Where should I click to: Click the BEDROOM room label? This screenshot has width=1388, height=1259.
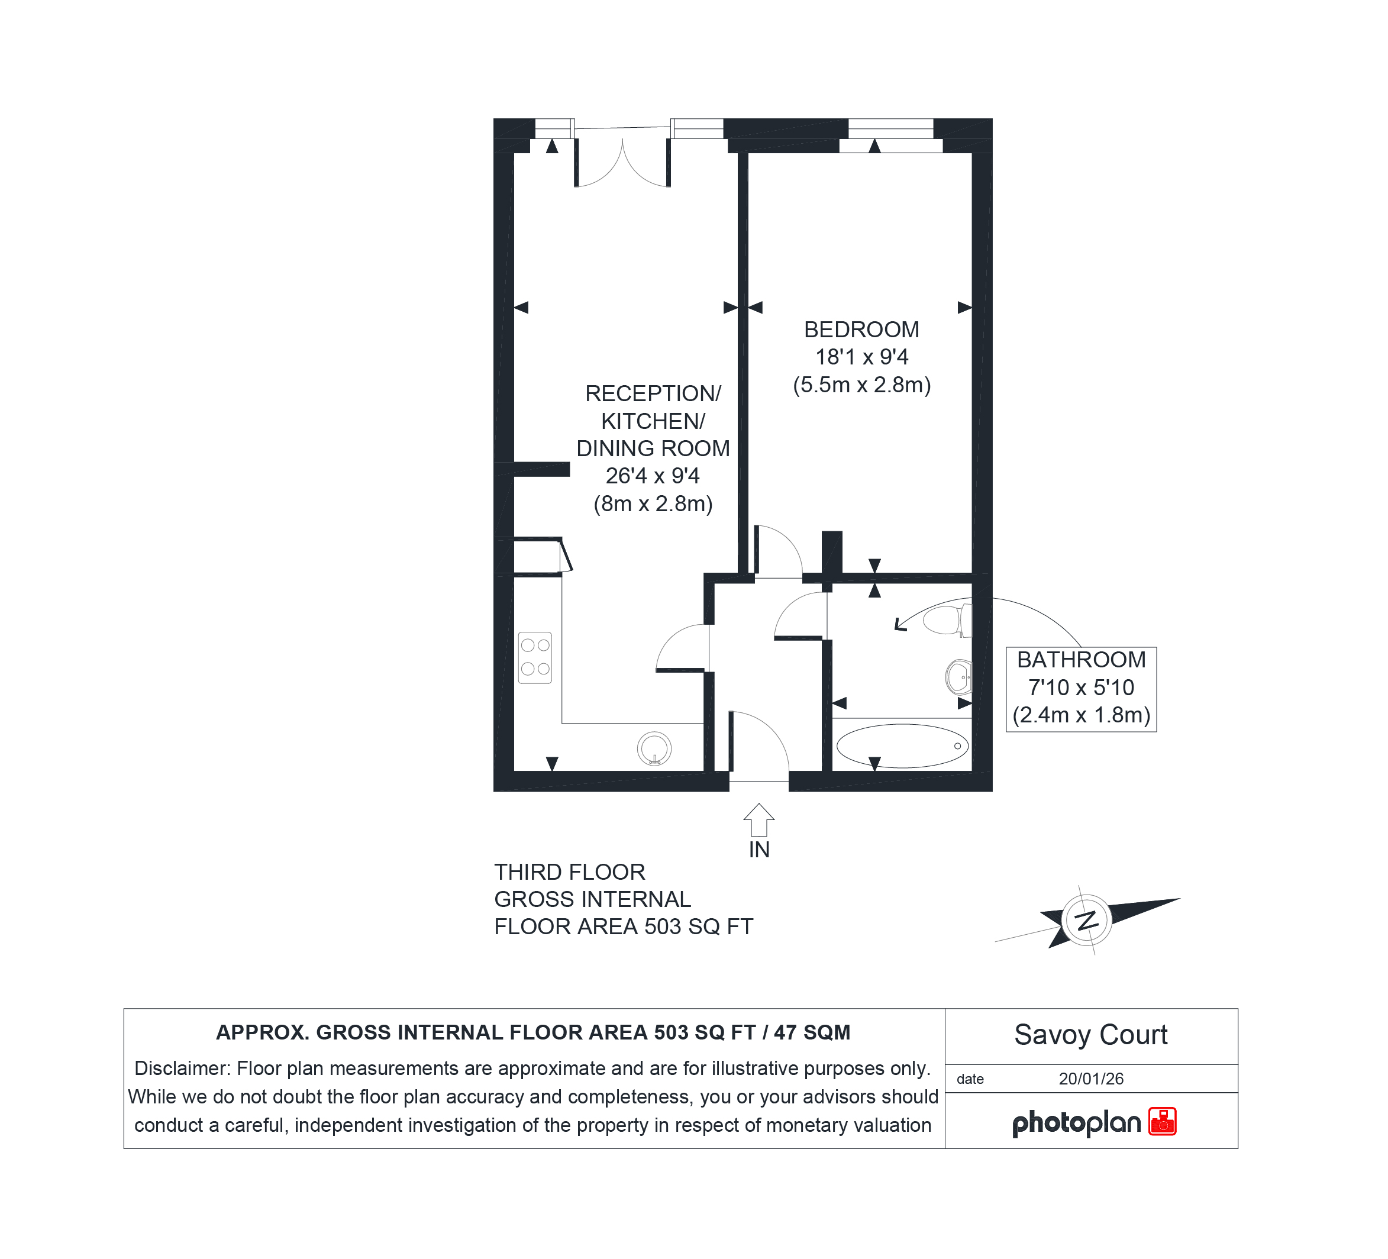(861, 330)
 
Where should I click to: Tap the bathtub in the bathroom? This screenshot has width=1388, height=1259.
(903, 745)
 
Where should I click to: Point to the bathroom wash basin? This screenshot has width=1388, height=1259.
(958, 677)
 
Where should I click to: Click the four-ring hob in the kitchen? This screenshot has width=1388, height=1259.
(535, 657)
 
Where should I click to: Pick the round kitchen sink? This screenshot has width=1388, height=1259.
(654, 748)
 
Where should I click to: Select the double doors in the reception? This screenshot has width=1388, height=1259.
(622, 163)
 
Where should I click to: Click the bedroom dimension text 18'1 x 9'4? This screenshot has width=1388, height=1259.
(861, 357)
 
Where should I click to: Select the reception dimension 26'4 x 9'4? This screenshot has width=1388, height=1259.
(653, 476)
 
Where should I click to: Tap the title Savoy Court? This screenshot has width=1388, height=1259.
(1090, 1035)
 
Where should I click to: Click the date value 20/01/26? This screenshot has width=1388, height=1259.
(1090, 1079)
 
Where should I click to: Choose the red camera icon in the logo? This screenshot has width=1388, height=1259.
(1163, 1121)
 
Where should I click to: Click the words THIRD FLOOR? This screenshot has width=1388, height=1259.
(569, 872)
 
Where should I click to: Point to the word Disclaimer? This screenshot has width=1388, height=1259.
(182, 1068)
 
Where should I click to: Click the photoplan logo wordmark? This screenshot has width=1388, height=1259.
(1076, 1124)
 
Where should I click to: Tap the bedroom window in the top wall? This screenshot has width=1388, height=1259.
(890, 135)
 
